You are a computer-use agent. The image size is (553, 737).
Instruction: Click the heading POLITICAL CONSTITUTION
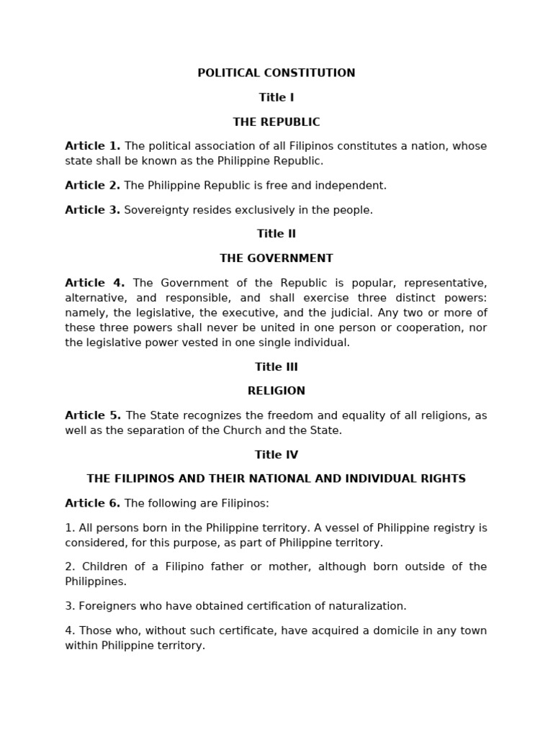[x=276, y=73]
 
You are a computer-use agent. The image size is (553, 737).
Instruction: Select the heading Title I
[x=276, y=97]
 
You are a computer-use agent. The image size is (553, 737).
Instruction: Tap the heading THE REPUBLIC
[x=276, y=122]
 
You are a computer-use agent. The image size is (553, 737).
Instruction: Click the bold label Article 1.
[x=93, y=146]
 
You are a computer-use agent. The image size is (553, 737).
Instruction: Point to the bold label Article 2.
[x=92, y=185]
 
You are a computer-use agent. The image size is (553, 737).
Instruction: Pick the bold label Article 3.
[x=92, y=209]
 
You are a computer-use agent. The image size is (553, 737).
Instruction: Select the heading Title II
[x=276, y=233]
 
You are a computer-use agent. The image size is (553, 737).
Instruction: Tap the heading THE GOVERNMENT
[x=276, y=258]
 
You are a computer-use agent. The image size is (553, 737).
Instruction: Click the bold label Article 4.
[x=95, y=282]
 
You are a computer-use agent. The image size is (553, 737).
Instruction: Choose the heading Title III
[x=276, y=366]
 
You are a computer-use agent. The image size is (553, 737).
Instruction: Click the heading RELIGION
[x=276, y=391]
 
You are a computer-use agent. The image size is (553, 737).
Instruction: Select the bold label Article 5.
[x=93, y=415]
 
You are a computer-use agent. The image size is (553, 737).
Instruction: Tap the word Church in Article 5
[x=253, y=430]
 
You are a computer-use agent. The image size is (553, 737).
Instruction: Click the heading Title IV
[x=276, y=454]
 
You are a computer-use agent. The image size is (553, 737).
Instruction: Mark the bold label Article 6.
[x=93, y=503]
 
